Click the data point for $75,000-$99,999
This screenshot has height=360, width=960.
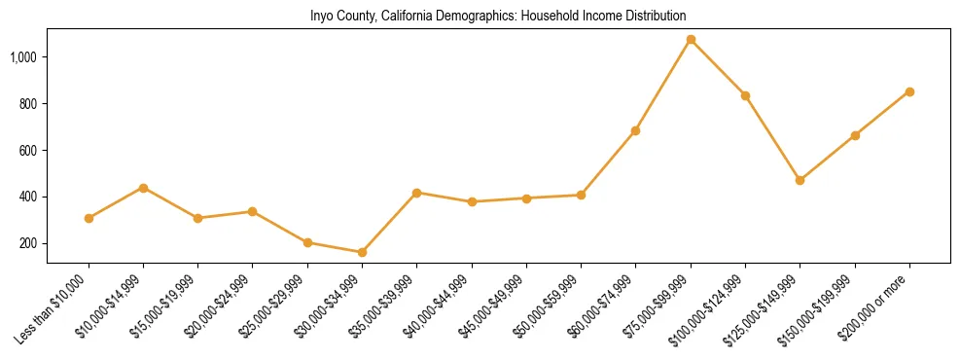(691, 40)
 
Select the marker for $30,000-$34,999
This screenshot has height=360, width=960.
(362, 252)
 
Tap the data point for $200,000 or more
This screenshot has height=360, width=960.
(909, 91)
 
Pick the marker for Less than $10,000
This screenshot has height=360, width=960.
(89, 218)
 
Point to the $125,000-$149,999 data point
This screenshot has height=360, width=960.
(800, 180)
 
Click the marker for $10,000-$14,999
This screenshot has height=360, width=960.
(143, 188)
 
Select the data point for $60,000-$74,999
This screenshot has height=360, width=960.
(635, 130)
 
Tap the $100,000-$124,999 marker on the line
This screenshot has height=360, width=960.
(745, 95)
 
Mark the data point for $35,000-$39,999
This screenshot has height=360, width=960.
(416, 193)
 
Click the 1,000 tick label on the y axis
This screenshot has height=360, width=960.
(23, 57)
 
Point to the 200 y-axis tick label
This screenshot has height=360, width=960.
(28, 243)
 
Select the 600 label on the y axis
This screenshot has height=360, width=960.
(28, 151)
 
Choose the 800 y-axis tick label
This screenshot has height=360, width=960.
(28, 104)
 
